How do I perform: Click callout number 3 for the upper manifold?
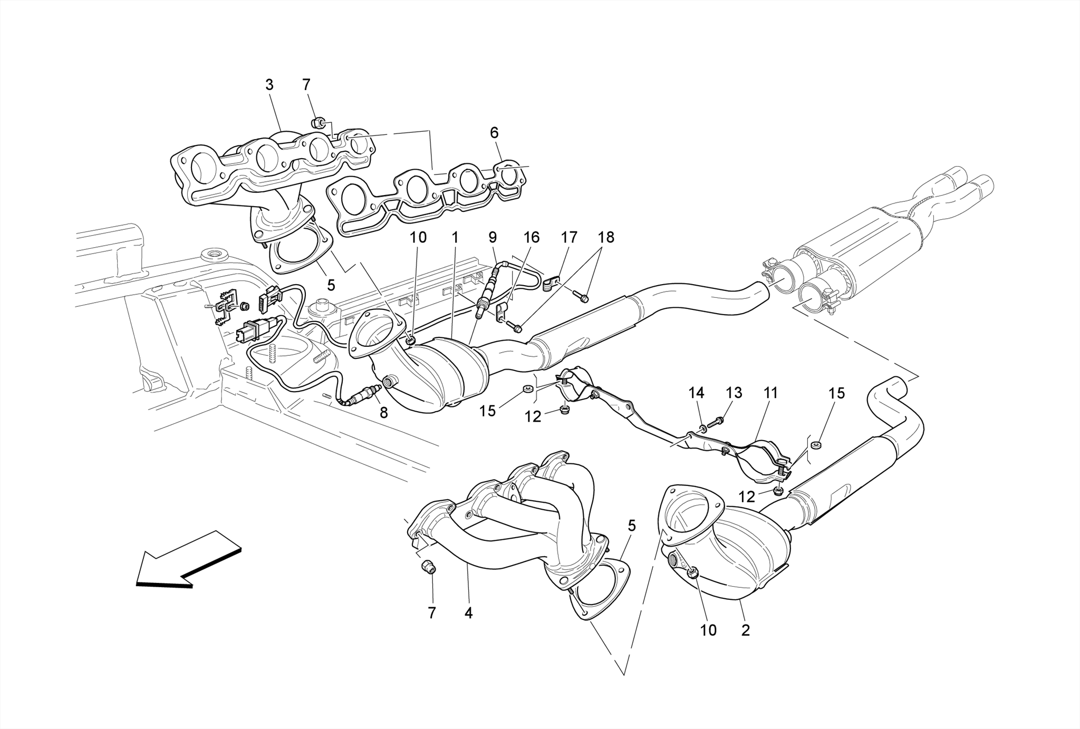point(269,85)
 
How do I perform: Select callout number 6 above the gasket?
point(494,133)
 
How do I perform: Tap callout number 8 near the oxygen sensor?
point(383,413)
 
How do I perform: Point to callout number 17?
point(569,238)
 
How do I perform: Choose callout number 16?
point(531,238)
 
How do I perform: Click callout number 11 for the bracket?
point(770,393)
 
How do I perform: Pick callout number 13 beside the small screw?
point(734,393)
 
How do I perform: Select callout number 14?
point(696,393)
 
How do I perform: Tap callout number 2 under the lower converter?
point(745,630)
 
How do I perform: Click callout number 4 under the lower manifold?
point(468,613)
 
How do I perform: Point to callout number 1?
point(455,238)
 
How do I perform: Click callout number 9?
point(493,238)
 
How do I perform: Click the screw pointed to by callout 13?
point(717,422)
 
